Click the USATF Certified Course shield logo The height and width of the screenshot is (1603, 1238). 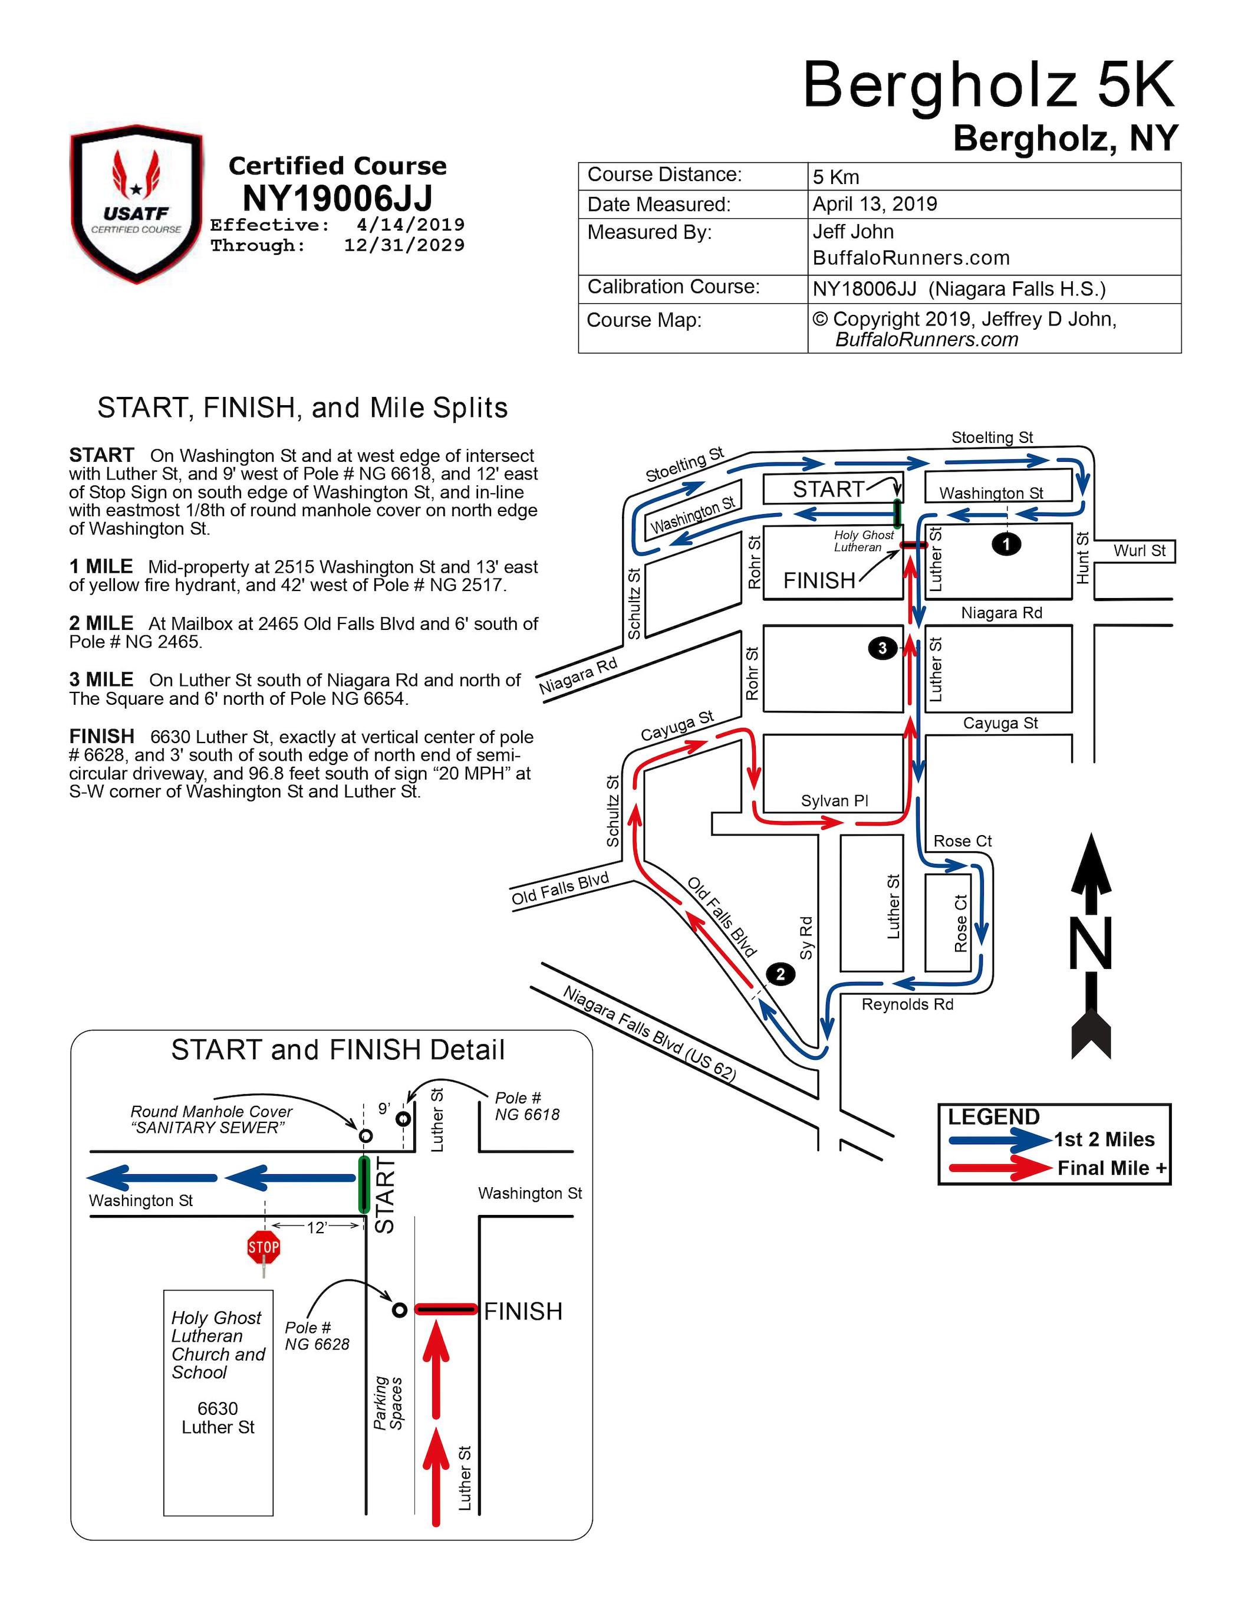tap(137, 203)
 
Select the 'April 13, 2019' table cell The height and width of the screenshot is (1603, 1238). tap(875, 204)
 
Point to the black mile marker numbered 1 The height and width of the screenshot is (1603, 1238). tap(1006, 544)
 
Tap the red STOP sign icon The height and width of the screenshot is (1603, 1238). tap(264, 1247)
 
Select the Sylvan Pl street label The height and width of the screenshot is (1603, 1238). tap(834, 801)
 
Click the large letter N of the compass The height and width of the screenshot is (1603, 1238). tap(1091, 944)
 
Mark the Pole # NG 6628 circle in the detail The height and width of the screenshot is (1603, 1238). tap(399, 1310)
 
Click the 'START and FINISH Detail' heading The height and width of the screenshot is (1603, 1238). tap(338, 1050)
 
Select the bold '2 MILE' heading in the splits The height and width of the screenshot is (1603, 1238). tap(101, 623)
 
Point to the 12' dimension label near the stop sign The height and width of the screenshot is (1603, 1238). tap(317, 1228)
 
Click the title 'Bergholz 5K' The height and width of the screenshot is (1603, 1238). tap(989, 86)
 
